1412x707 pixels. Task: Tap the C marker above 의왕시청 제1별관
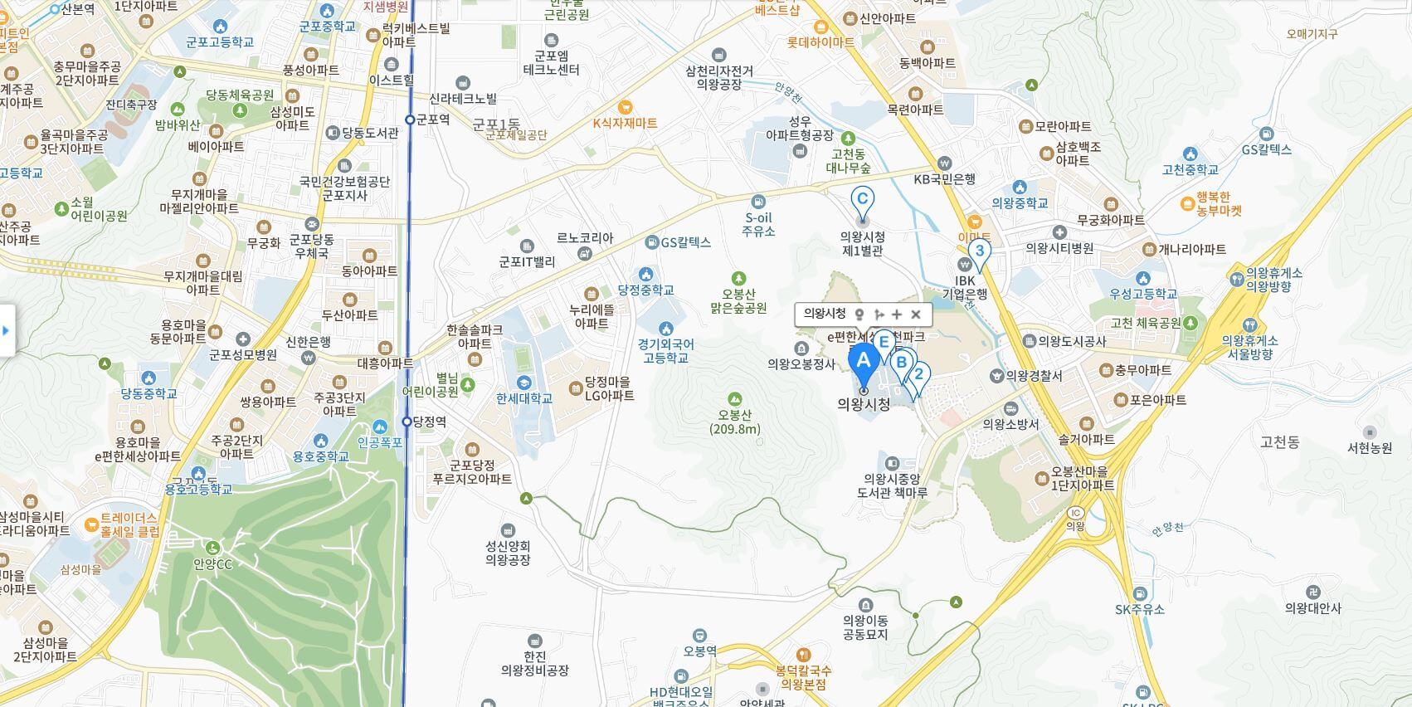click(x=862, y=199)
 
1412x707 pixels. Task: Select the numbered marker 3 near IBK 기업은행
click(x=980, y=251)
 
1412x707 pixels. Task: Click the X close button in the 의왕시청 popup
click(x=916, y=314)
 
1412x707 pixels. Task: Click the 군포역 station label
click(x=432, y=119)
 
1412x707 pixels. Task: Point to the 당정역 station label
click(x=429, y=422)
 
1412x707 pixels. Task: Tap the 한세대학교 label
click(x=524, y=398)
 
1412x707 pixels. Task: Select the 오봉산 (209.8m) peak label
click(x=734, y=422)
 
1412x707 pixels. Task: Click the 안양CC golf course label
click(x=213, y=564)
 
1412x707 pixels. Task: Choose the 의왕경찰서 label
click(x=1034, y=376)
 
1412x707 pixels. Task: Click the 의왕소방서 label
click(x=1010, y=423)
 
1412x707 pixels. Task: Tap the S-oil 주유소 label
click(x=758, y=224)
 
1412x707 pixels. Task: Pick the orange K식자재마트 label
click(x=625, y=123)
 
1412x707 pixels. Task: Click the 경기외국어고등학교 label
click(x=665, y=350)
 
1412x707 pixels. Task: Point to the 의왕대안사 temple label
click(x=1312, y=607)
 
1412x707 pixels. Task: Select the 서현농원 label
click(x=1370, y=447)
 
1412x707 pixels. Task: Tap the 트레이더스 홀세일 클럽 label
click(x=129, y=524)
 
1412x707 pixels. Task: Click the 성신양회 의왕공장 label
click(x=508, y=553)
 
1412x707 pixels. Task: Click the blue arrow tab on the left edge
click(x=7, y=331)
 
